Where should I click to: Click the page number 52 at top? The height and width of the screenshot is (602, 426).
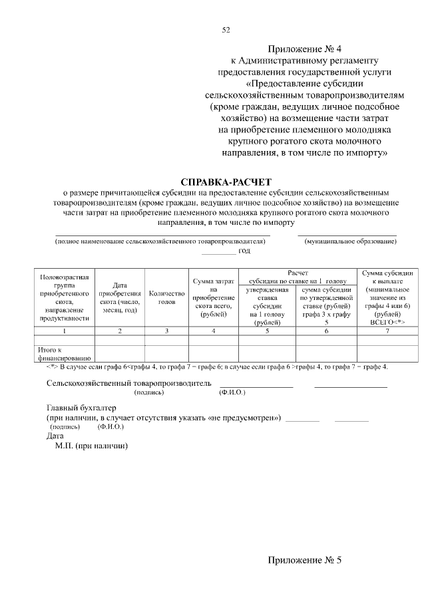[226, 30]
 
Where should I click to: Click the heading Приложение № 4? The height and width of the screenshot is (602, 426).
[306, 49]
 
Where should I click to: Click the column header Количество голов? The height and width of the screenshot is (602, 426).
[167, 297]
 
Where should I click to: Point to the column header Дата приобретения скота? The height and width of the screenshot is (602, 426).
[120, 297]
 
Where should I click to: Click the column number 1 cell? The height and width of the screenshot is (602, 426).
[65, 330]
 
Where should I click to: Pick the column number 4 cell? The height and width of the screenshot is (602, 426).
[213, 330]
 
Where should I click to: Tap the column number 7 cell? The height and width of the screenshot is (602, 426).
[387, 330]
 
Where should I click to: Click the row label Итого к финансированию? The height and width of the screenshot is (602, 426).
[60, 353]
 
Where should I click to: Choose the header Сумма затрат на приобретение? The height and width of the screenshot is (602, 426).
[213, 297]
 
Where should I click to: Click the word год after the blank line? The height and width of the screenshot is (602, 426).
[244, 251]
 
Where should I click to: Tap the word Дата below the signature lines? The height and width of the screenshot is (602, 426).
[55, 436]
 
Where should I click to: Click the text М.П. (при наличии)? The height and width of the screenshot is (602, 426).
[91, 446]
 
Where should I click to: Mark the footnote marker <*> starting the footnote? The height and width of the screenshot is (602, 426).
[52, 367]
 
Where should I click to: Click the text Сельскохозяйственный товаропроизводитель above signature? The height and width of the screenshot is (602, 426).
[129, 383]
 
